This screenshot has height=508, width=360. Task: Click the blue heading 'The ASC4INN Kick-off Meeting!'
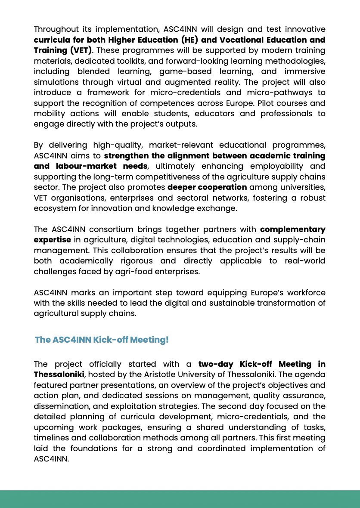click(102, 340)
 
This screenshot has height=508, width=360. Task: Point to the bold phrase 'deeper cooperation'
click(207, 187)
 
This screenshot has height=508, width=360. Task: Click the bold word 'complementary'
click(293, 229)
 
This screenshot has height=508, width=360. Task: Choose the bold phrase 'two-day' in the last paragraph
click(214, 364)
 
